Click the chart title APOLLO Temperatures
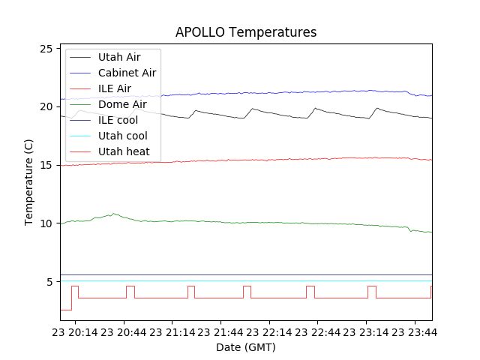(x=246, y=32)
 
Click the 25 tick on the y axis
(x=49, y=49)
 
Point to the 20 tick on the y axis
(x=49, y=106)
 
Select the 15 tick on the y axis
(x=49, y=165)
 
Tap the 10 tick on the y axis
(x=49, y=223)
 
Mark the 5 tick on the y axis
(x=52, y=282)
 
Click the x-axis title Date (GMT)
(x=246, y=347)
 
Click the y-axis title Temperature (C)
(x=28, y=182)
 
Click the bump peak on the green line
(x=112, y=214)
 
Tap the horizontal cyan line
(x=247, y=281)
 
